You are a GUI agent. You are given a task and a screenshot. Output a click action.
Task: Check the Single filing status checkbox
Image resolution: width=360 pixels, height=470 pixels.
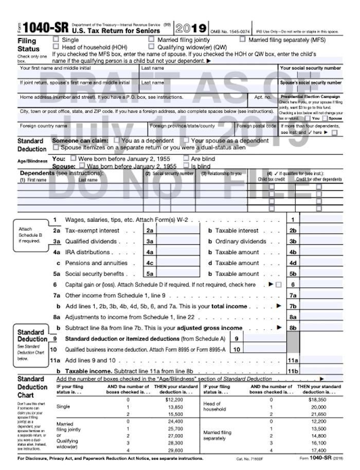pyautogui.click(x=56, y=40)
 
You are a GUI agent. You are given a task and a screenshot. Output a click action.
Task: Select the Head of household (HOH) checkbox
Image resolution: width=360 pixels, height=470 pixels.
pyautogui.click(x=56, y=46)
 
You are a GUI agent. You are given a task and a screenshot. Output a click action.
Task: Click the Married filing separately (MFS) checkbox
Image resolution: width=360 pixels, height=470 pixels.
pyautogui.click(x=242, y=39)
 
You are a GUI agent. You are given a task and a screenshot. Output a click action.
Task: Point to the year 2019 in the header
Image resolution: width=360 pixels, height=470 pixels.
pyautogui.click(x=191, y=28)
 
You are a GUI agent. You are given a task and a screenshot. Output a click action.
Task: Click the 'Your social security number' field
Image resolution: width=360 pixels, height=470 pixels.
pyautogui.click(x=310, y=75)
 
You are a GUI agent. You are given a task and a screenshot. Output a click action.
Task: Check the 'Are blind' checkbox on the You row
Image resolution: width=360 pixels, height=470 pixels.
pyautogui.click(x=187, y=158)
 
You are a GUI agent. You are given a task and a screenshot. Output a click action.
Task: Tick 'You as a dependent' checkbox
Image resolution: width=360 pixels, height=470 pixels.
pyautogui.click(x=117, y=140)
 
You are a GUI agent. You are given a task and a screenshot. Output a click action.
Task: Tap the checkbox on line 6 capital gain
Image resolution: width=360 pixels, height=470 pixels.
pyautogui.click(x=279, y=285)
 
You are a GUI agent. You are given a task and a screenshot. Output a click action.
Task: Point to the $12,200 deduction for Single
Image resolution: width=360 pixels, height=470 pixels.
pyautogui.click(x=174, y=400)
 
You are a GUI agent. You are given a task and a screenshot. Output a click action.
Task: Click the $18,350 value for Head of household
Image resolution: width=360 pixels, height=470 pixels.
pyautogui.click(x=317, y=400)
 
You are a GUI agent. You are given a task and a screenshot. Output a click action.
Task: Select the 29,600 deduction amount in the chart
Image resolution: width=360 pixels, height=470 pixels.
pyautogui.click(x=175, y=450)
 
